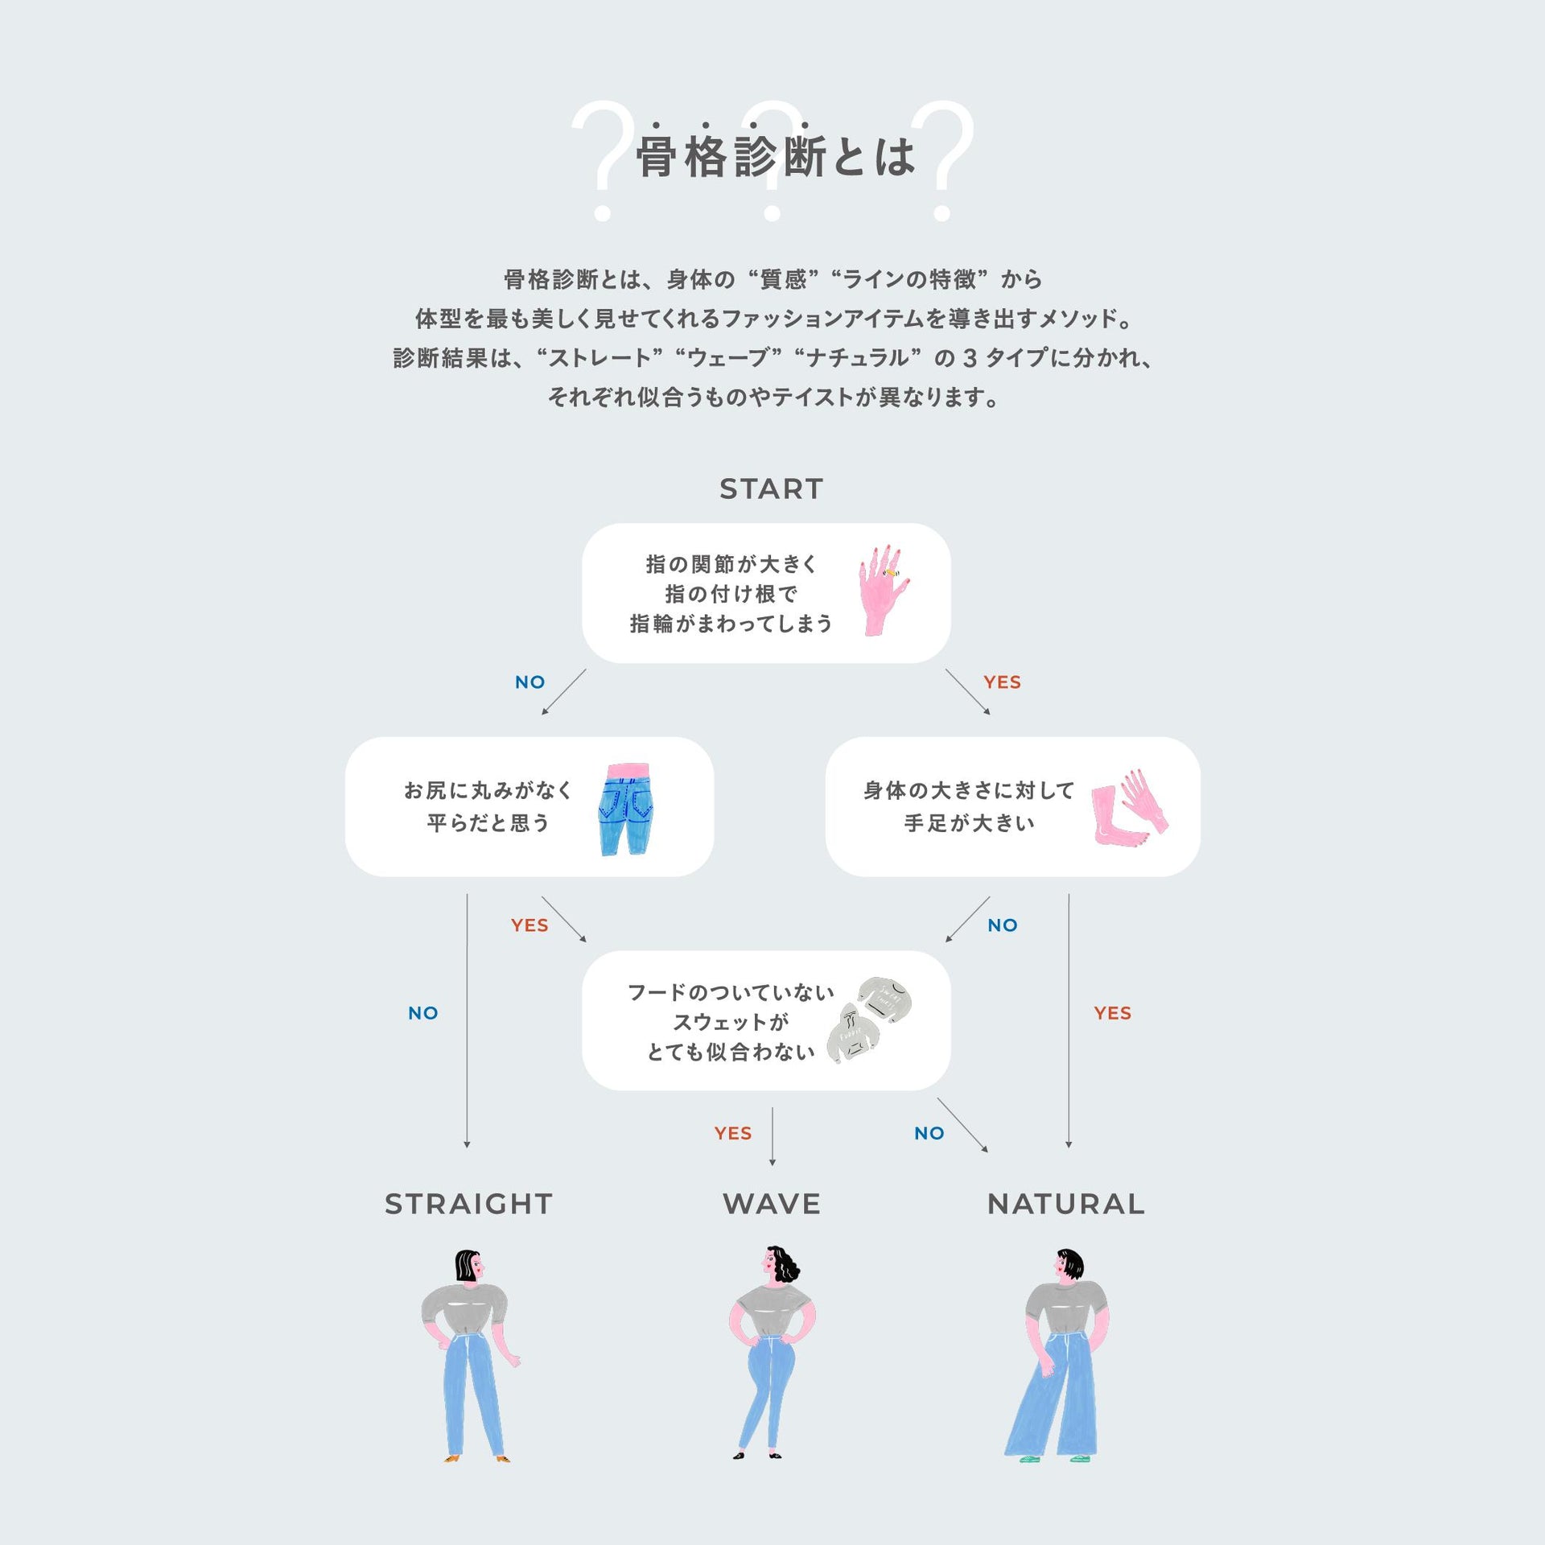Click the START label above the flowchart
[771, 488]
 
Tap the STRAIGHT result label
[468, 1204]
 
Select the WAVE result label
[772, 1204]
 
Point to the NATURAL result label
[1066, 1204]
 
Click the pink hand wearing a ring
[883, 590]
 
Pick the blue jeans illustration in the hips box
[626, 809]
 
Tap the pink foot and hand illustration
[1130, 806]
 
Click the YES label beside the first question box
[1002, 682]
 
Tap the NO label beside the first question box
[529, 682]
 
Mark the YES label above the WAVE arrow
[732, 1133]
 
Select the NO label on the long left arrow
[422, 1013]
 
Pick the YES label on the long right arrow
[1112, 1013]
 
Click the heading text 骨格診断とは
[775, 156]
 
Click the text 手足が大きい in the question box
[969, 823]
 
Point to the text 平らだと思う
[488, 823]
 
